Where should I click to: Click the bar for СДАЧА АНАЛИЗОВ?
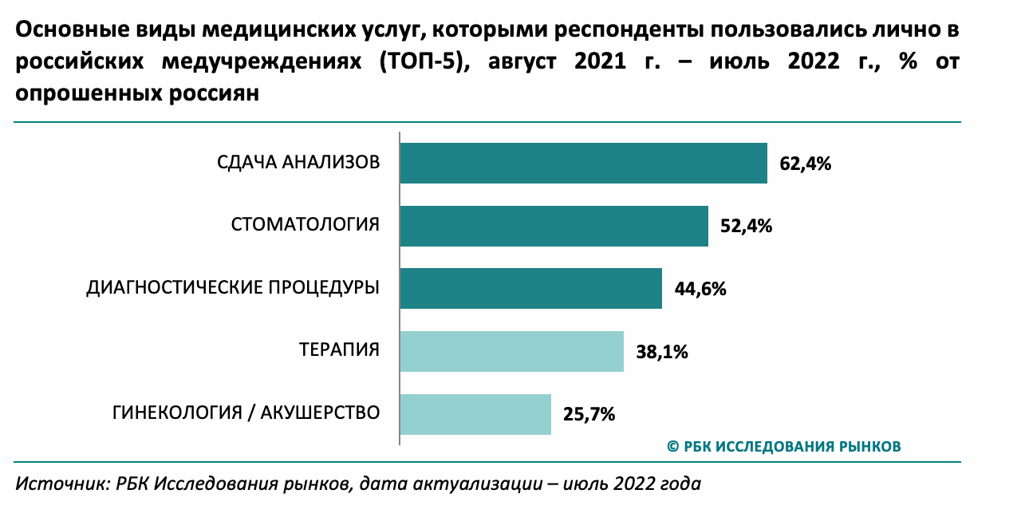coord(583,164)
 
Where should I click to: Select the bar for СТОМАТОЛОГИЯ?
coord(554,226)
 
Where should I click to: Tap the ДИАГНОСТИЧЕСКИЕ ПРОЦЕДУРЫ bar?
coord(530,288)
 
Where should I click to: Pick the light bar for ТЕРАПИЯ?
coord(511,351)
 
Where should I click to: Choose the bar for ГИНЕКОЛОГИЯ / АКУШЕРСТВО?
coord(475,413)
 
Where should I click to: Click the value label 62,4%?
coord(806,164)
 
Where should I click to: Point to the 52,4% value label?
coord(747,227)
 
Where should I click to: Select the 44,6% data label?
coord(700,289)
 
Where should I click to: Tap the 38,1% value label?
coord(662,352)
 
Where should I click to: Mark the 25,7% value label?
coord(589,414)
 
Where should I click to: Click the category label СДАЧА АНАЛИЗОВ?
coord(298,163)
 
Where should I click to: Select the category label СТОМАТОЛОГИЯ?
coord(306,225)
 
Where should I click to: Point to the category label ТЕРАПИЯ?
coord(339,350)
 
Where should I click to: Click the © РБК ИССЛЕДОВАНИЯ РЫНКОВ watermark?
coord(784,446)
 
